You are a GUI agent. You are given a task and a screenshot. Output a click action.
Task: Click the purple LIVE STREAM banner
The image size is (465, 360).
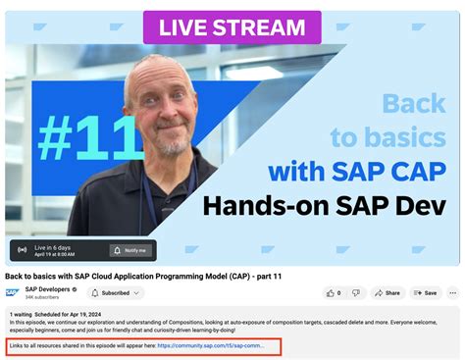tap(232, 27)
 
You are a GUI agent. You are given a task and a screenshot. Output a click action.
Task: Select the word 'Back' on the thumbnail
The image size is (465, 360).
tap(413, 103)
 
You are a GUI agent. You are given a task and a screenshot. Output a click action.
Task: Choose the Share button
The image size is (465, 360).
tap(387, 293)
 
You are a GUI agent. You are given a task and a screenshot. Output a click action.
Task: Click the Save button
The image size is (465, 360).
tap(425, 293)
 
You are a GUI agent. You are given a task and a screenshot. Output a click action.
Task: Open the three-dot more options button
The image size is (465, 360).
tap(452, 293)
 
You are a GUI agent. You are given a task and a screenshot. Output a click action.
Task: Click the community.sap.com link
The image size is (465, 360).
tap(210, 345)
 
